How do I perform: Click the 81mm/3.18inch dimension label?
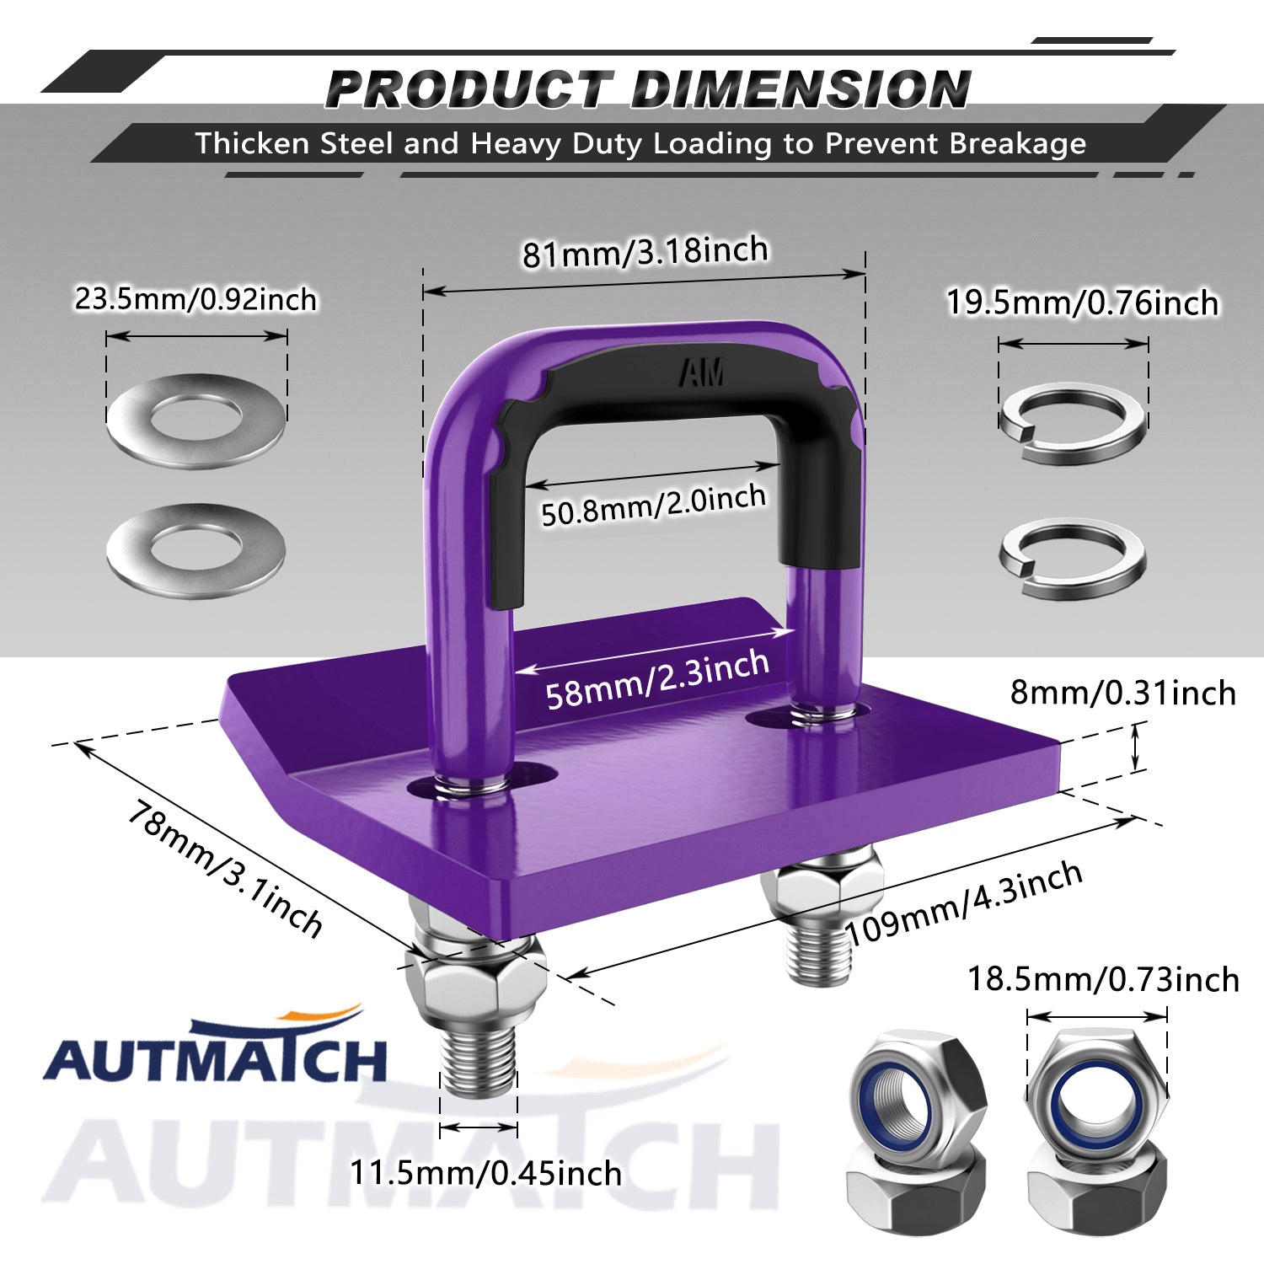click(x=645, y=251)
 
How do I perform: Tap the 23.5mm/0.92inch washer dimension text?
click(x=195, y=299)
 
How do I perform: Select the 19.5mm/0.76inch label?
click(x=1082, y=303)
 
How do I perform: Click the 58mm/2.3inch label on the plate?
click(x=657, y=680)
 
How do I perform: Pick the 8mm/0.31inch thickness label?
click(x=1122, y=693)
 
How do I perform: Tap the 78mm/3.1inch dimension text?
click(x=225, y=870)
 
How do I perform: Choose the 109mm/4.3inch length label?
click(x=964, y=903)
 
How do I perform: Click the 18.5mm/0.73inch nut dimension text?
click(x=1103, y=979)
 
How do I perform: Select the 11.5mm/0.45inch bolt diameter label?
click(x=485, y=1173)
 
